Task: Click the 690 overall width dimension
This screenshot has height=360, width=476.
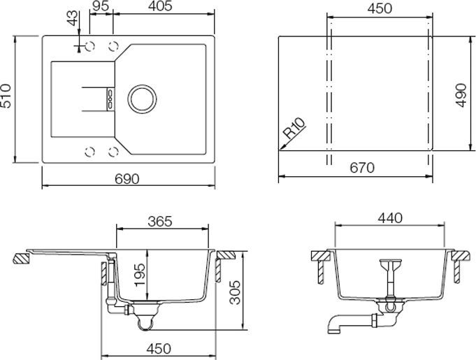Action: point(127,179)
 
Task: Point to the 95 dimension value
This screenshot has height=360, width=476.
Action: point(100,8)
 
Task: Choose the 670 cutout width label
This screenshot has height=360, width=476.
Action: point(362,168)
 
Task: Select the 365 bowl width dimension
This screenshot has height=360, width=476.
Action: point(160,222)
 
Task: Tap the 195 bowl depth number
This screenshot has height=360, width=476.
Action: point(140,275)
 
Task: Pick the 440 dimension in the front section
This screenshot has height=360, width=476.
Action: point(389,218)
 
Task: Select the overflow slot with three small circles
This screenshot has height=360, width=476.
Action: point(109,98)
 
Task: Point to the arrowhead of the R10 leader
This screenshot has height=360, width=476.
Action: point(281,147)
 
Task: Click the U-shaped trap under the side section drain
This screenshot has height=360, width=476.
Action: point(144,321)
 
